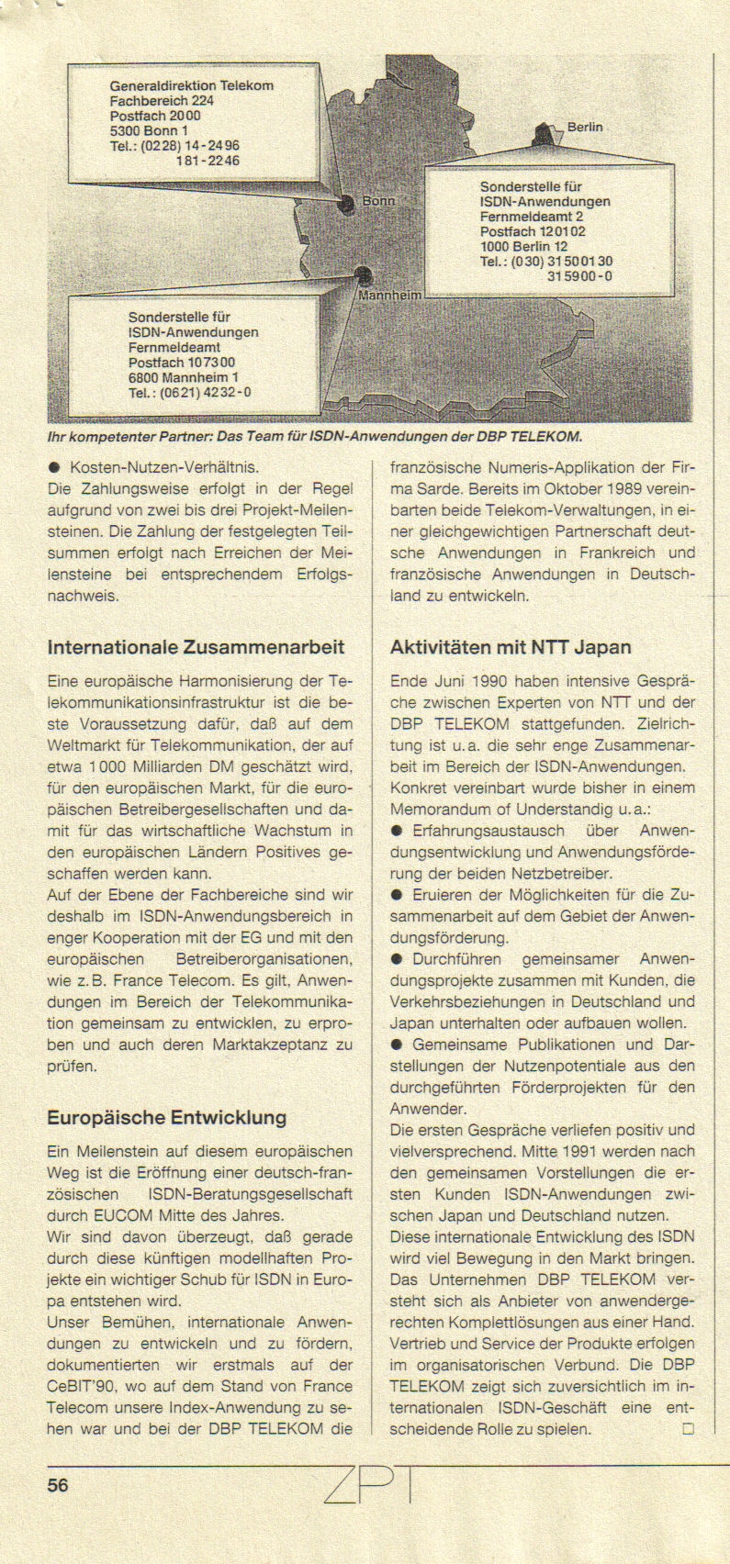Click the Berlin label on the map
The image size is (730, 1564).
pyautogui.click(x=584, y=128)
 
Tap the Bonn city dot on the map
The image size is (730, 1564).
pyautogui.click(x=347, y=205)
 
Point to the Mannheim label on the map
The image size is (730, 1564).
pyautogui.click(x=389, y=296)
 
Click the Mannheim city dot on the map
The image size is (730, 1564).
pyautogui.click(x=364, y=274)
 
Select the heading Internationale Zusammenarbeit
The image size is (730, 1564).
pyautogui.click(x=196, y=647)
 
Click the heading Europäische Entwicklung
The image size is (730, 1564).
pyautogui.click(x=166, y=1118)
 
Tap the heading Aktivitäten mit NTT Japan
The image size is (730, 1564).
pyautogui.click(x=511, y=647)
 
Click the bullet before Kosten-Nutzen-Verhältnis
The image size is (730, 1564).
pyautogui.click(x=54, y=467)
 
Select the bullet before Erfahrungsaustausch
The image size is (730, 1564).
pyautogui.click(x=397, y=831)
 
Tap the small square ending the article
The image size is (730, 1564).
pyautogui.click(x=688, y=1429)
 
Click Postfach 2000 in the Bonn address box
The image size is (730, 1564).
pyautogui.click(x=154, y=116)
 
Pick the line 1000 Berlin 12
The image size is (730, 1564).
pyautogui.click(x=523, y=246)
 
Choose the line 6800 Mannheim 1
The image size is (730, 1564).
pyautogui.click(x=183, y=377)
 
